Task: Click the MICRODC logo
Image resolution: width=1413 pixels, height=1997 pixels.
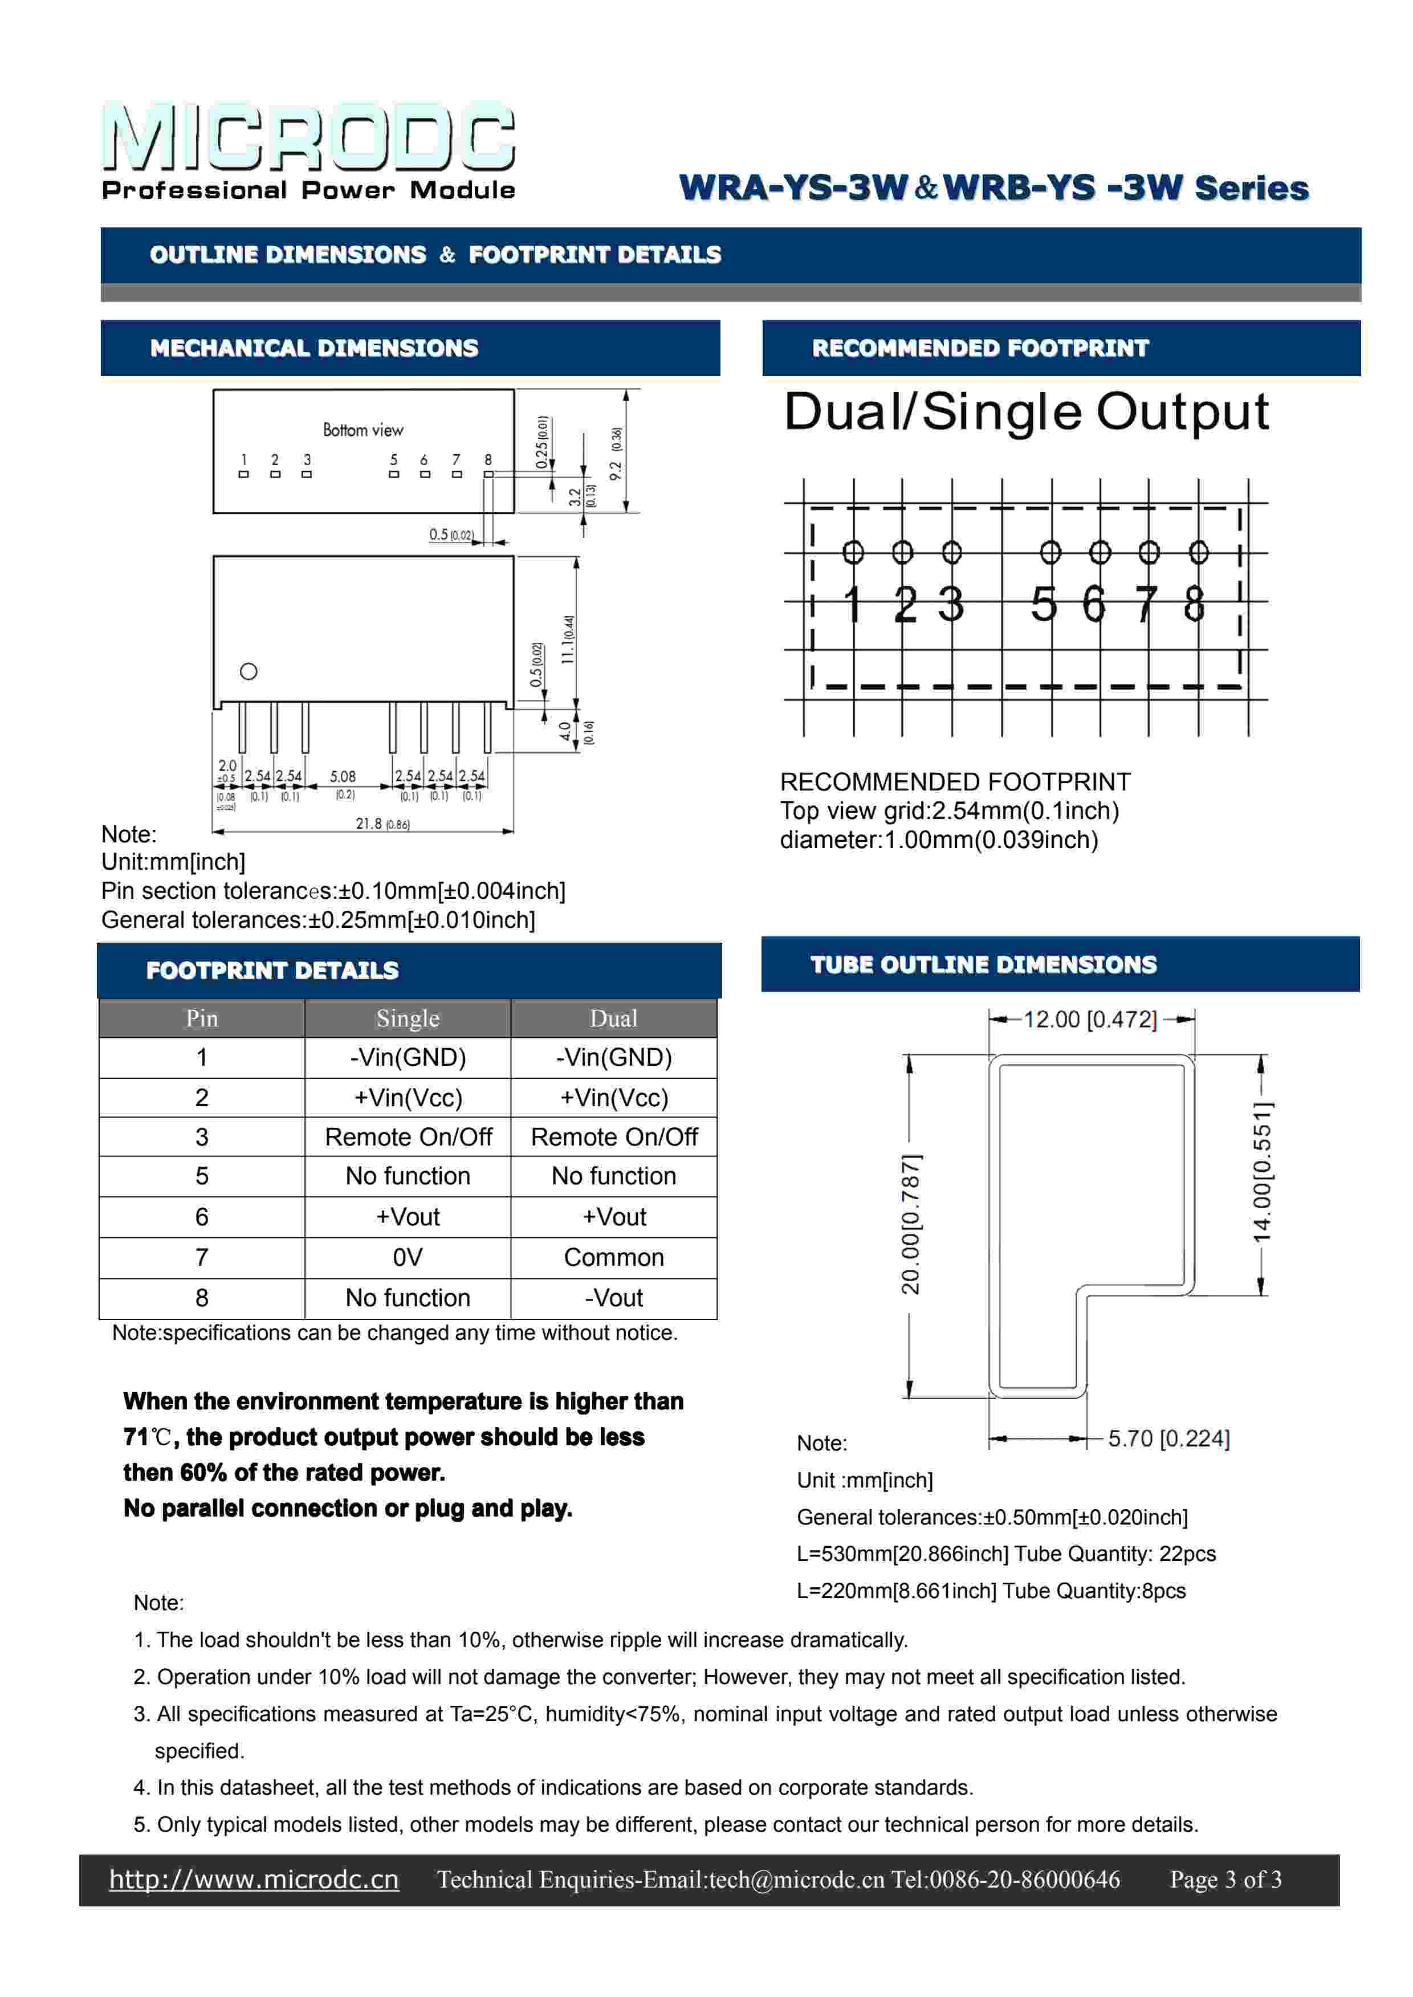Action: (309, 137)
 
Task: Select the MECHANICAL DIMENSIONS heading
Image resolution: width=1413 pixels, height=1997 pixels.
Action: (314, 349)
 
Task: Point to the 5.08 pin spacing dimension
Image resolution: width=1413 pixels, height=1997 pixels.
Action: (343, 776)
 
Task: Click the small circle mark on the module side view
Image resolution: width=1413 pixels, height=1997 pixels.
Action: (249, 671)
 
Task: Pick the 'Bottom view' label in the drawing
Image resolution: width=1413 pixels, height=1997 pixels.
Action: (363, 430)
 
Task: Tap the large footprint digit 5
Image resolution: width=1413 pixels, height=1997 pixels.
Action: (1044, 605)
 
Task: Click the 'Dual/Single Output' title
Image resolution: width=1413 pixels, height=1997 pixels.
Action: (1026, 412)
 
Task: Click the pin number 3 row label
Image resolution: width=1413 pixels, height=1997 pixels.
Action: (202, 1137)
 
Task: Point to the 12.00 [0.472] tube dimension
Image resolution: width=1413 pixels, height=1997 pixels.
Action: (1090, 1020)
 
